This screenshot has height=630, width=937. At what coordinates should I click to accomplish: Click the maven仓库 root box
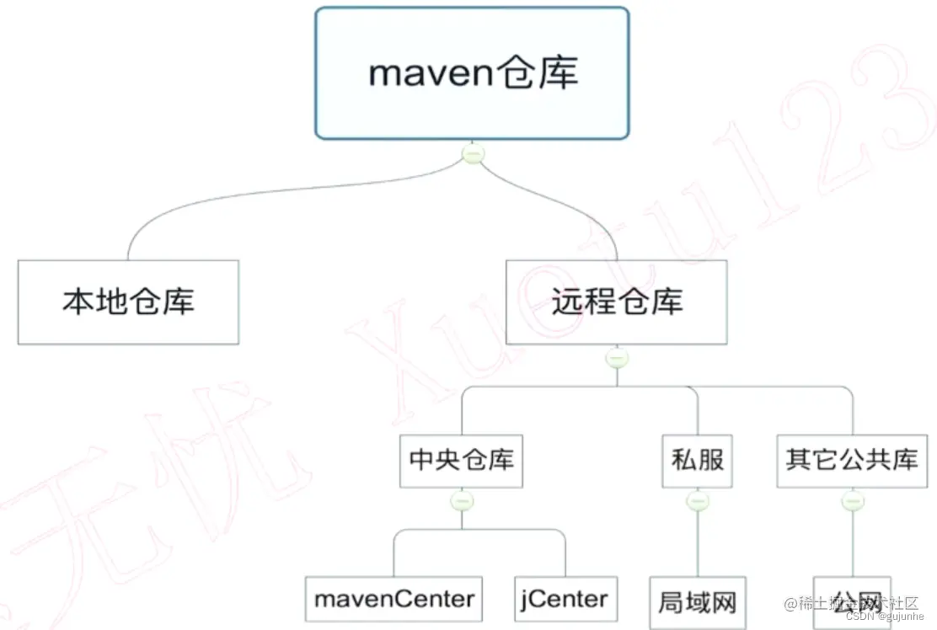pyautogui.click(x=472, y=73)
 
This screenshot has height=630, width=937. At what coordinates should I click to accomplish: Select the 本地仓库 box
pyautogui.click(x=128, y=302)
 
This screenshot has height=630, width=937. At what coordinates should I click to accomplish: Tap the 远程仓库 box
pyautogui.click(x=617, y=302)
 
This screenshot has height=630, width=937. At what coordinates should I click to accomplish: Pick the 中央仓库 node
pyautogui.click(x=461, y=461)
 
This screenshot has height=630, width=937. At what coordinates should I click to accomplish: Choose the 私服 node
pyautogui.click(x=698, y=461)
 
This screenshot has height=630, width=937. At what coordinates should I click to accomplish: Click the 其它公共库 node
pyautogui.click(x=852, y=461)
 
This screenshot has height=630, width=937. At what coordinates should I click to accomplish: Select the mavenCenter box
pyautogui.click(x=394, y=599)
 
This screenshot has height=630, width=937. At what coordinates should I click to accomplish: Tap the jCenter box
pyautogui.click(x=565, y=599)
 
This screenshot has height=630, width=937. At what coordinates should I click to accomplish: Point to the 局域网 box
pyautogui.click(x=697, y=601)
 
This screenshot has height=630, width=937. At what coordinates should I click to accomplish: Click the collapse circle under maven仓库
pyautogui.click(x=474, y=154)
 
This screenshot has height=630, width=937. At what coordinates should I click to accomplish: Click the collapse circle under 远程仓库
pyautogui.click(x=617, y=358)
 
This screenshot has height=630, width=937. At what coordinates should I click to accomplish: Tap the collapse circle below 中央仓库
pyautogui.click(x=462, y=501)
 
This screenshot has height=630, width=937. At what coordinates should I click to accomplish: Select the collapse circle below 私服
pyautogui.click(x=698, y=501)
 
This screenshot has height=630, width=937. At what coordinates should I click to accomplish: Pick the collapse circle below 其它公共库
pyautogui.click(x=853, y=501)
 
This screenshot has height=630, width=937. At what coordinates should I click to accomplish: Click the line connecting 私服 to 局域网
pyautogui.click(x=698, y=543)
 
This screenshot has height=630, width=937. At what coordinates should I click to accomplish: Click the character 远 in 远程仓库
pyautogui.click(x=568, y=302)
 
